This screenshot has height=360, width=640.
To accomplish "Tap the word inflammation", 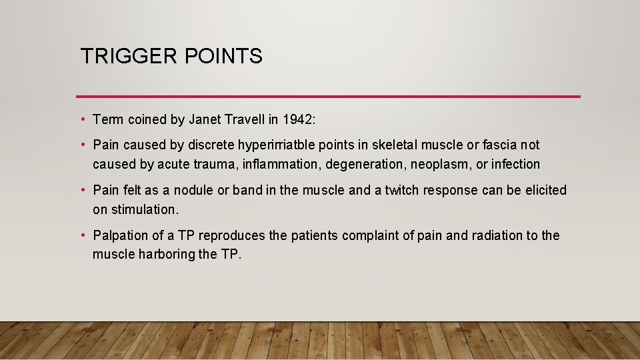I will [281, 164].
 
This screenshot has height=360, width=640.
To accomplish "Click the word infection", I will [514, 164].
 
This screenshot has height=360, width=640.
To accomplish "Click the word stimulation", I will [135, 209].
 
